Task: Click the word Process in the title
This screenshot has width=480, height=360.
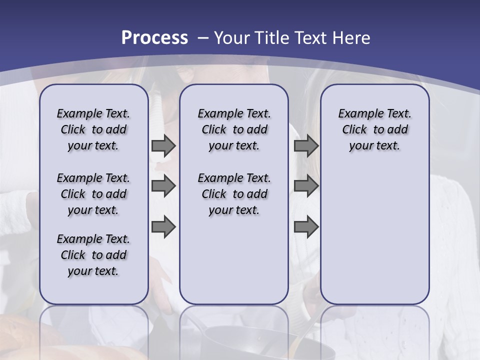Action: coord(154,38)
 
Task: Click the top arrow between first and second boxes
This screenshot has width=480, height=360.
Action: coord(163,146)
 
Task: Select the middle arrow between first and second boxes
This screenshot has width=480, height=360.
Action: coord(163,186)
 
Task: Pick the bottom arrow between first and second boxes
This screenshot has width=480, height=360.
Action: coord(163,227)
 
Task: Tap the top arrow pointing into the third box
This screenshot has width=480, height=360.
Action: coord(306,146)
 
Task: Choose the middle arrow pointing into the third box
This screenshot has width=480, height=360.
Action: coord(306,186)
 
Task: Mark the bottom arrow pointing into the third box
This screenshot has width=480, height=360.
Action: coord(306,227)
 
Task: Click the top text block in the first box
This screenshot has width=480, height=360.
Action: coord(93,129)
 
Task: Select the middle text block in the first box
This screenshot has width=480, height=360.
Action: coord(93,194)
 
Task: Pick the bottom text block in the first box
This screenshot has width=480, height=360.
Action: coord(93,255)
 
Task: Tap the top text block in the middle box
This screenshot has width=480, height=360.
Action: coord(234,129)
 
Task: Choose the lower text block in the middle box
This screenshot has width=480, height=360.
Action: coord(234,194)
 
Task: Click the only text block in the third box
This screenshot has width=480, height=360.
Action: coord(375,129)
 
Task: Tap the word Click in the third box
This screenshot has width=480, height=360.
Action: coord(354,130)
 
